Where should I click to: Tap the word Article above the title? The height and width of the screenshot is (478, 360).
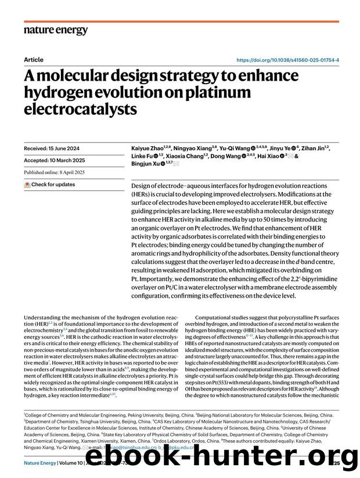34,59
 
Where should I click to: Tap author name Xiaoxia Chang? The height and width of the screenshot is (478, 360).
183,157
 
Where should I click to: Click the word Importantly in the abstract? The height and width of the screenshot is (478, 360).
155,278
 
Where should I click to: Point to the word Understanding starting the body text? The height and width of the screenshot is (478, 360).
44,318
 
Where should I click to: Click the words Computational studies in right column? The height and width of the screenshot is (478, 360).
223,318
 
